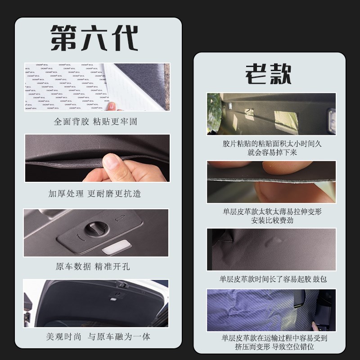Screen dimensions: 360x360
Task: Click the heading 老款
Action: point(268,73)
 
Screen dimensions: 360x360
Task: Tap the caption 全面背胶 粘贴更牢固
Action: point(95,121)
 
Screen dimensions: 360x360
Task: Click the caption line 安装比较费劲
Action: point(271,220)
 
